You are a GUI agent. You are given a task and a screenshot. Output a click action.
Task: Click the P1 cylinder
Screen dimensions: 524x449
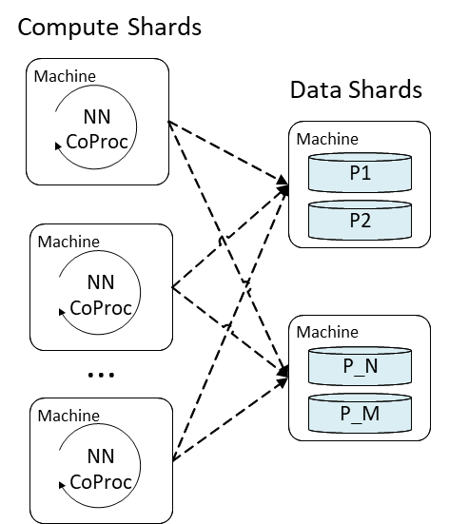[361, 173]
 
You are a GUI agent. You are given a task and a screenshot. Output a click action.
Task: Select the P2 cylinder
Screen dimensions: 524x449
[361, 220]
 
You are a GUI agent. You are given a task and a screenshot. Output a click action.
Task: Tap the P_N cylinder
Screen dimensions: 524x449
[361, 365]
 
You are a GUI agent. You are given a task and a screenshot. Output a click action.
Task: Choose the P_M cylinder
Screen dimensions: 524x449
[361, 413]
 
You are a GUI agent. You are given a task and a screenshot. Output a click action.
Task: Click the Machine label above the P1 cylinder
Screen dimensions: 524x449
[327, 139]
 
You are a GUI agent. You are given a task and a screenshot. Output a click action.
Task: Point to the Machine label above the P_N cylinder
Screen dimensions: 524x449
[327, 332]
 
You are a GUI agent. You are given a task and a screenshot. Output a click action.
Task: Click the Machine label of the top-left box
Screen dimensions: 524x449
[65, 75]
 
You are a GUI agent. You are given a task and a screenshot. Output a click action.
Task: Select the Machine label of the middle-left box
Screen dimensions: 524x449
[68, 241]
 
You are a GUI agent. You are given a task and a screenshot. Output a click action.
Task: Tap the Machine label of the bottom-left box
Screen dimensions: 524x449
[68, 415]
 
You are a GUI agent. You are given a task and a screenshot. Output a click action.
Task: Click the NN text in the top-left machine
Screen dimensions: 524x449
[97, 118]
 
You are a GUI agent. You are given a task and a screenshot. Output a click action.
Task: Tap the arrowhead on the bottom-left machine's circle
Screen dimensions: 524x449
[63, 484]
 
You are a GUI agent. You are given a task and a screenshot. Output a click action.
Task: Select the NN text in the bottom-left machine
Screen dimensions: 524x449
[101, 456]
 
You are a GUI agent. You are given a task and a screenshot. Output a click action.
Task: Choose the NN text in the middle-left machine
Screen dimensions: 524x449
[101, 282]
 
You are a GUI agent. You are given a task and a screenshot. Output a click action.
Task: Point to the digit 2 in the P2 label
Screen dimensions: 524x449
[367, 221]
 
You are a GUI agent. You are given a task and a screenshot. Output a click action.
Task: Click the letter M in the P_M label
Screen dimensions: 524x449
[373, 414]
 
